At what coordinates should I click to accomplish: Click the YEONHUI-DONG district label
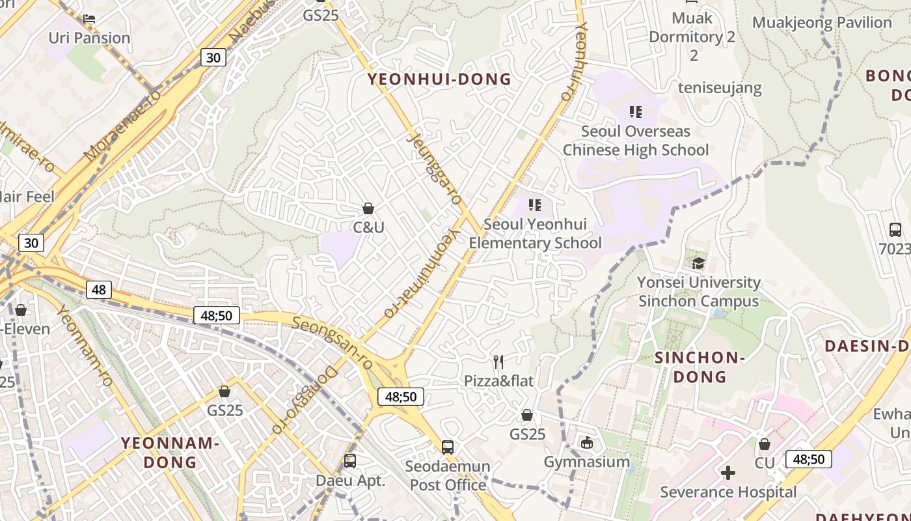coord(439,79)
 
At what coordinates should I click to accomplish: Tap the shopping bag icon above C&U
coord(368,208)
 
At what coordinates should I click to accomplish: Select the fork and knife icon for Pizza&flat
coord(498,361)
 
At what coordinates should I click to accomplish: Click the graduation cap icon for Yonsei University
coord(698,263)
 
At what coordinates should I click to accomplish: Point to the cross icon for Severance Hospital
coord(728,472)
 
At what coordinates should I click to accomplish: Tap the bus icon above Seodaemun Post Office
coord(448,447)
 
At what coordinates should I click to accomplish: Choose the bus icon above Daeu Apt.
coord(350,461)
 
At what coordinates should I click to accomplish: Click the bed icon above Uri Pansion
coord(89,18)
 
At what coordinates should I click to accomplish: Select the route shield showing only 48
coord(98,289)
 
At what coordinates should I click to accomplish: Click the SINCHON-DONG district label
coord(700,367)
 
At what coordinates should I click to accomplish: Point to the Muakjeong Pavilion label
coord(821,23)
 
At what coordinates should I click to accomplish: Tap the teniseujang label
coord(720,87)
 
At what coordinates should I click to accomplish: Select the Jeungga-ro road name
coord(434,168)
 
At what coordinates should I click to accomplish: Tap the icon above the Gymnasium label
coord(587,443)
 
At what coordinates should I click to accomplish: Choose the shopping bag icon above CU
coord(765,444)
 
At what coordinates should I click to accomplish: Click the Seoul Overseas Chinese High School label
coord(635,141)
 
